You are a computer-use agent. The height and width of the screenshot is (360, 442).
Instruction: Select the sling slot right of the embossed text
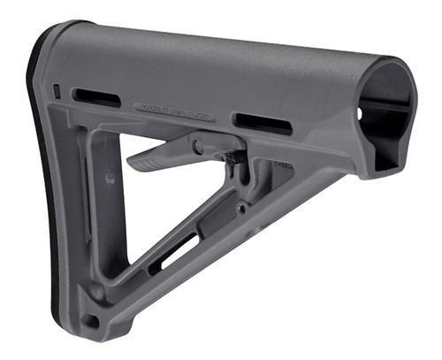click(x=262, y=124)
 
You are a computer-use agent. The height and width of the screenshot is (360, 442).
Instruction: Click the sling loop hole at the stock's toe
click(x=91, y=319)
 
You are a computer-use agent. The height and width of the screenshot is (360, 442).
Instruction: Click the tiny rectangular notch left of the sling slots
click(x=57, y=90)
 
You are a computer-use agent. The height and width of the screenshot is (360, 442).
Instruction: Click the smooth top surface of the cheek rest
click(x=221, y=57)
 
